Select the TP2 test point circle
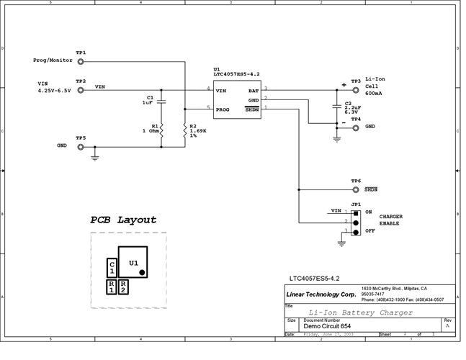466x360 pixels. point(81,89)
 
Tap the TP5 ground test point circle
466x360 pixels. point(81,146)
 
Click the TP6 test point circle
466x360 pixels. point(356,189)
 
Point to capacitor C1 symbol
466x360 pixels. point(161,102)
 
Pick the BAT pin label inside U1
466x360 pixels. point(254,91)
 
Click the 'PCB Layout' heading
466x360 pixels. point(123,220)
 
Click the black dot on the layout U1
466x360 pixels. point(143,272)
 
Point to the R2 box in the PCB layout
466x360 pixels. point(124,286)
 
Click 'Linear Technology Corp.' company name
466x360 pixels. point(321,294)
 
